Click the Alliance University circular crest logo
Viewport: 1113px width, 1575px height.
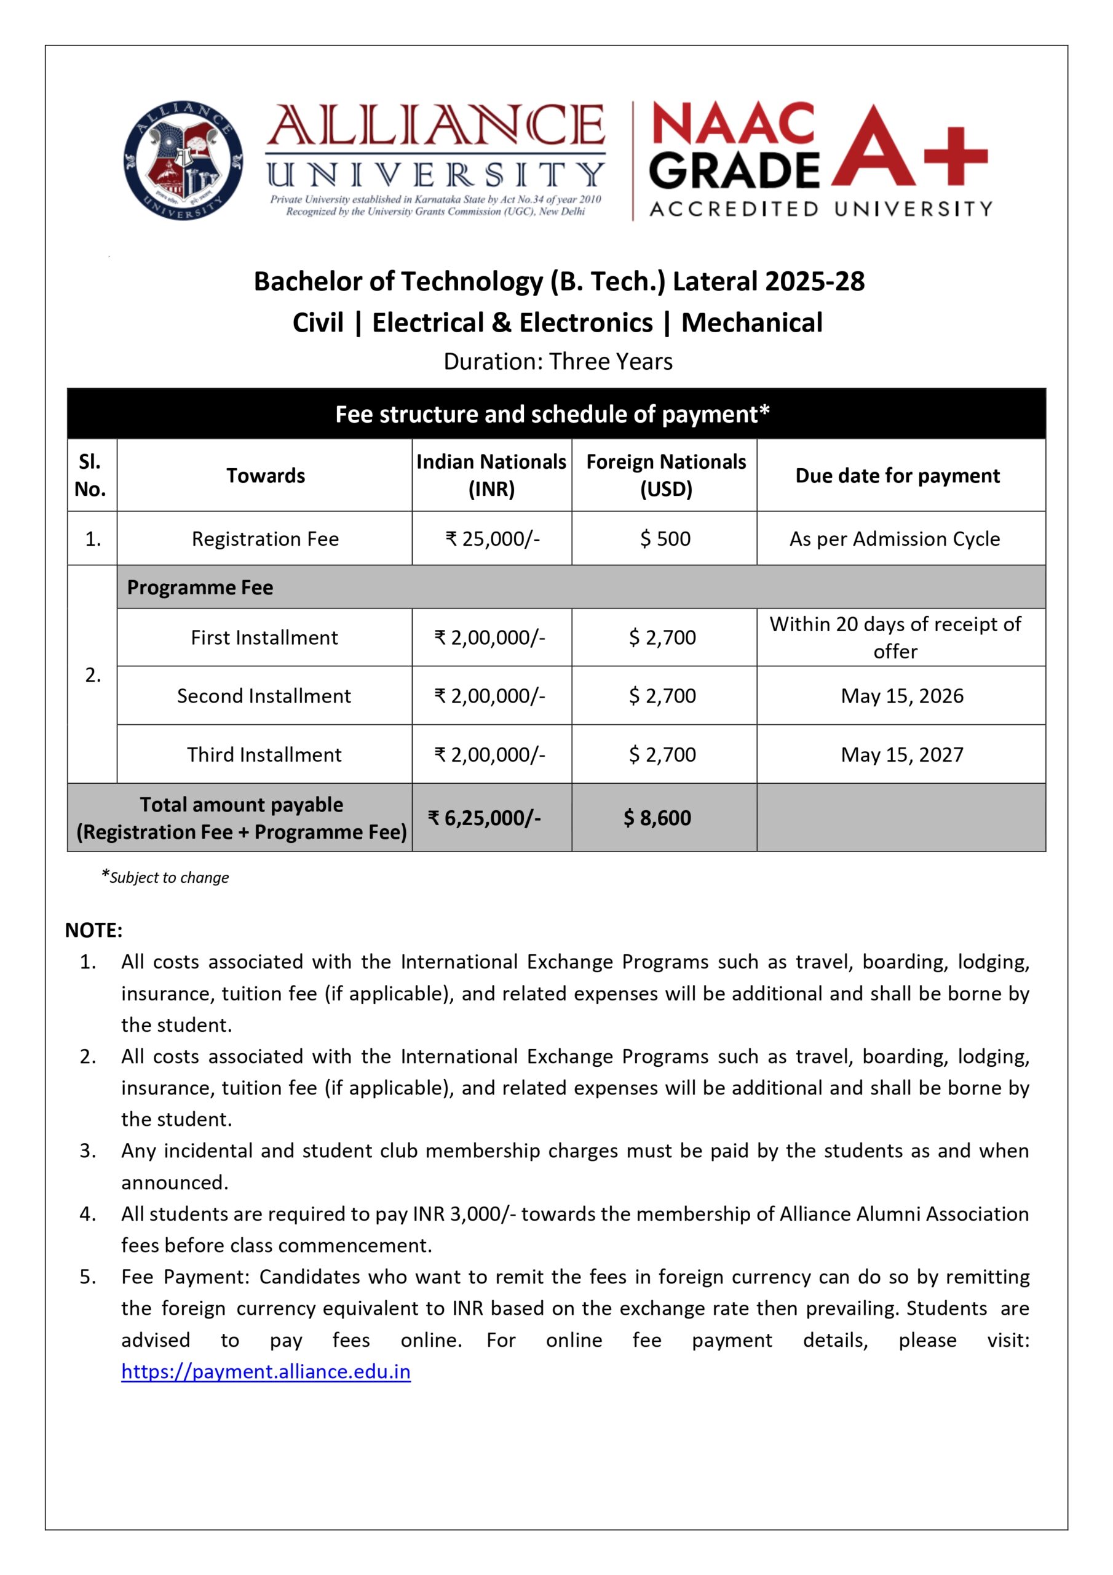click(x=183, y=160)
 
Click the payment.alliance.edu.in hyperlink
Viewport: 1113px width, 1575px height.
click(x=266, y=1371)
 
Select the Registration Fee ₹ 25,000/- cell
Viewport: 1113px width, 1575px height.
click(x=493, y=538)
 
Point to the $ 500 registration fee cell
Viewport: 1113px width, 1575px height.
click(x=665, y=538)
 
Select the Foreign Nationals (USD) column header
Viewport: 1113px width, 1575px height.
click(x=665, y=476)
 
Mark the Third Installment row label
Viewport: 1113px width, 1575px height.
click(x=264, y=754)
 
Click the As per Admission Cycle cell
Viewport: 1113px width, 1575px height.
click(x=894, y=538)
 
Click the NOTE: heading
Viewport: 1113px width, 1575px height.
click(x=93, y=930)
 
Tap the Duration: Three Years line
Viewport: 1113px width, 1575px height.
click(x=558, y=362)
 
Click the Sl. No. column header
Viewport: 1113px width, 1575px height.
click(x=90, y=476)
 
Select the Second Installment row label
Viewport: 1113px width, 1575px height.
click(x=264, y=696)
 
